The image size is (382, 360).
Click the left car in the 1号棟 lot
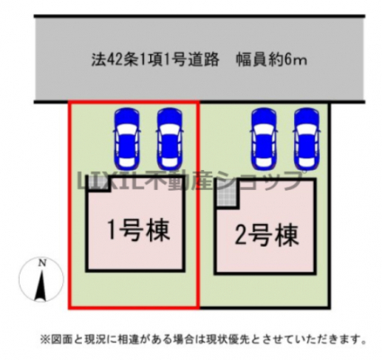click(127, 139)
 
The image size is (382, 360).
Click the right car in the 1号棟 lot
click(170, 139)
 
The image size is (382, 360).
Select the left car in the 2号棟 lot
click(264, 139)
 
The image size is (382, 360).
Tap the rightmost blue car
click(306, 139)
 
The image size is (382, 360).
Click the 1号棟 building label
click(138, 230)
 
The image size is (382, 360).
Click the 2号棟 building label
click(266, 235)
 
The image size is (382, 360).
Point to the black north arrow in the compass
click(41, 285)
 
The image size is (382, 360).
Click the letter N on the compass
click(42, 264)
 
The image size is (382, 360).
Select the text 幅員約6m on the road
click(271, 60)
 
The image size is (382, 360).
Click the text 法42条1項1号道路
click(155, 60)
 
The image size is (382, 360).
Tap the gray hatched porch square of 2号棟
click(227, 196)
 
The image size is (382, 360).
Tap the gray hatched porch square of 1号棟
click(98, 183)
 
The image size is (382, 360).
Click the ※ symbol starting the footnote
click(44, 339)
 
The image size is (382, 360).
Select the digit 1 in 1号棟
click(111, 230)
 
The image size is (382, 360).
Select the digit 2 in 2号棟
click(240, 236)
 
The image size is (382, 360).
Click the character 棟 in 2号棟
click(287, 235)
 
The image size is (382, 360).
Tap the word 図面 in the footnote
click(58, 339)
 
